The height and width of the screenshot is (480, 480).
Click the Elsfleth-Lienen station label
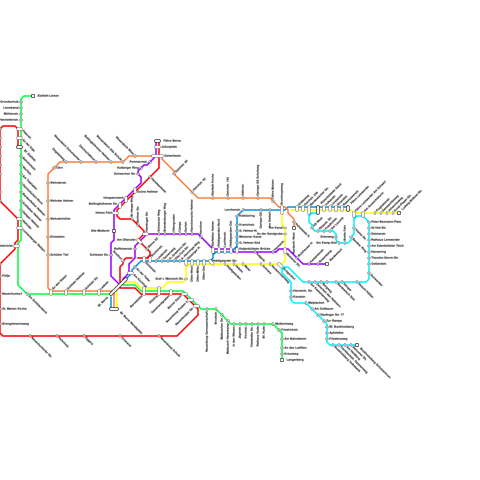[x=48, y=96]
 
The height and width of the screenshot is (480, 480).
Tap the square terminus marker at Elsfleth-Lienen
[x=33, y=96]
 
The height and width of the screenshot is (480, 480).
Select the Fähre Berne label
[x=172, y=141]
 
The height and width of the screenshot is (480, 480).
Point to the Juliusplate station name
[x=169, y=147]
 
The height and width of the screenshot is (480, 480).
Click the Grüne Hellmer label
[x=147, y=192]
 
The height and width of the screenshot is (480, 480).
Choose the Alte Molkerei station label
[x=100, y=231]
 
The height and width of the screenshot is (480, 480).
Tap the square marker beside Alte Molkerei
[x=114, y=231]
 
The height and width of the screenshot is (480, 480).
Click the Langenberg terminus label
[x=295, y=360]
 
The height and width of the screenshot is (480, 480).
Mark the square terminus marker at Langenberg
[x=282, y=360]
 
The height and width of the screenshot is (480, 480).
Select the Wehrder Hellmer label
[x=62, y=201]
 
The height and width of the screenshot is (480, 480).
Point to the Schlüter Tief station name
[x=59, y=255]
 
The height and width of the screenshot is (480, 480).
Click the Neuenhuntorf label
[x=12, y=294]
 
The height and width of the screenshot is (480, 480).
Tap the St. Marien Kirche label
[x=14, y=309]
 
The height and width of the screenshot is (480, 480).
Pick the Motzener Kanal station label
[x=250, y=237]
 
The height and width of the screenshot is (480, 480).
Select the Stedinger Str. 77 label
[x=332, y=315]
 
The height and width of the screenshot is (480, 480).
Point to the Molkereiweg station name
[x=284, y=324]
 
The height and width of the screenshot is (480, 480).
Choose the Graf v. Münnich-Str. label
[x=169, y=279]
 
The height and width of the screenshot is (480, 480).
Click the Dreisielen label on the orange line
[x=57, y=237]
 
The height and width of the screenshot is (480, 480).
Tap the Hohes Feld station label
[x=103, y=213]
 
